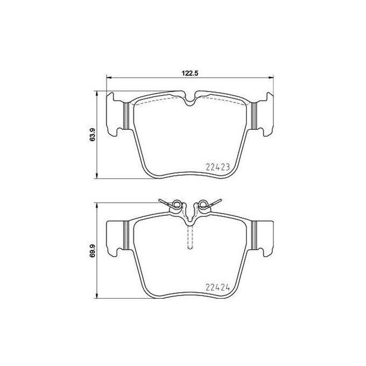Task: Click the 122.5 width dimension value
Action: pyautogui.click(x=190, y=73)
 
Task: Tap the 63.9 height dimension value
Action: pyautogui.click(x=93, y=135)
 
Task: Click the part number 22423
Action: pyautogui.click(x=218, y=167)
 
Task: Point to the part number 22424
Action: pyautogui.click(x=218, y=287)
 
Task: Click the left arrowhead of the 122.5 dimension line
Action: pyautogui.click(x=109, y=78)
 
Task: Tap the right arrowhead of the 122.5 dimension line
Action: pyautogui.click(x=271, y=78)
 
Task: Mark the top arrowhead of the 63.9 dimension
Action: pyautogui.click(x=97, y=93)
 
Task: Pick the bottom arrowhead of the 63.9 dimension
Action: pyautogui.click(x=97, y=177)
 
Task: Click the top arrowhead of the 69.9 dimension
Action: pyautogui.click(x=97, y=205)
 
